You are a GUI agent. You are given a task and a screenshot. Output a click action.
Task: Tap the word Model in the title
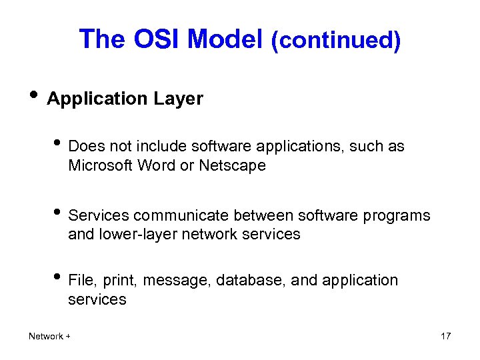225,40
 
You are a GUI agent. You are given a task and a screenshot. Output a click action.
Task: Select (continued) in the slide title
336,41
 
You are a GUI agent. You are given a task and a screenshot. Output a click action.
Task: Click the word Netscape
232,165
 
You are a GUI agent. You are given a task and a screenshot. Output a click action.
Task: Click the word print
121,281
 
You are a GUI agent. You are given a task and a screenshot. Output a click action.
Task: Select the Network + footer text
50,336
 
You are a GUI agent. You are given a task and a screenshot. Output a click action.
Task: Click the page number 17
446,336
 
